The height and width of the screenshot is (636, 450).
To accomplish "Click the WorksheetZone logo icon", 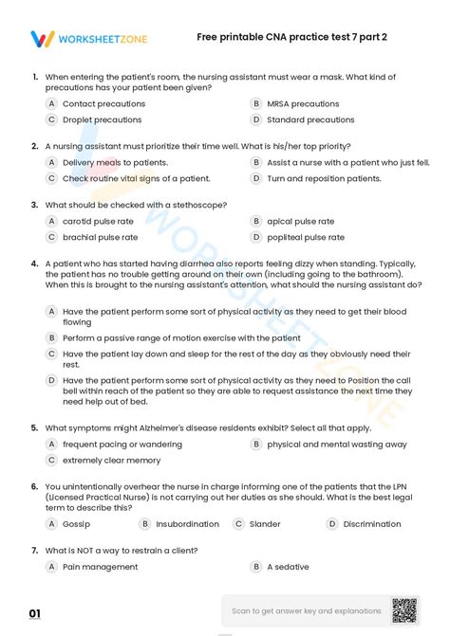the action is [x=43, y=39].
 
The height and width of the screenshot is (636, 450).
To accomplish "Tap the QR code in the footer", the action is [x=404, y=609].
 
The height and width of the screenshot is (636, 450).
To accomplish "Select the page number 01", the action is [x=35, y=614].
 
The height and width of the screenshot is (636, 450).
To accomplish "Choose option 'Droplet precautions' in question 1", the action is [x=102, y=120].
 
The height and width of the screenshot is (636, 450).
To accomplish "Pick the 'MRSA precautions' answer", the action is [x=303, y=104].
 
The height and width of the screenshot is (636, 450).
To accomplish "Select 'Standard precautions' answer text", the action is [x=310, y=120].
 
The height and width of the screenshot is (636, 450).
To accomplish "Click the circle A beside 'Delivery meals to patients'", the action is [x=52, y=162].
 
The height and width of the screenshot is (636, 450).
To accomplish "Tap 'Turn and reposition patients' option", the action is [x=324, y=178].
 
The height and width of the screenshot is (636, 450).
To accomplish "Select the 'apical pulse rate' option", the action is [x=300, y=221].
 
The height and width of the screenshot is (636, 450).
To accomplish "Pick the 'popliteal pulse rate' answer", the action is [x=306, y=237].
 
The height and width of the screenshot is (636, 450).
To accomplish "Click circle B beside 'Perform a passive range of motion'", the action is [x=52, y=337].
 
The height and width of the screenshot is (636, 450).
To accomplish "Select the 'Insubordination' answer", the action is [x=187, y=523].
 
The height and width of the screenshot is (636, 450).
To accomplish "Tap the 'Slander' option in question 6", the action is [x=265, y=523].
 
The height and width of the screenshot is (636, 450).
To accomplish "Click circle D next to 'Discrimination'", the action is [x=332, y=523].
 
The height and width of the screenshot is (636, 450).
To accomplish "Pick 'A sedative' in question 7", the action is [x=288, y=566].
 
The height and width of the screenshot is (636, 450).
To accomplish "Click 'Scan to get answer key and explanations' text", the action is [x=307, y=610].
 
